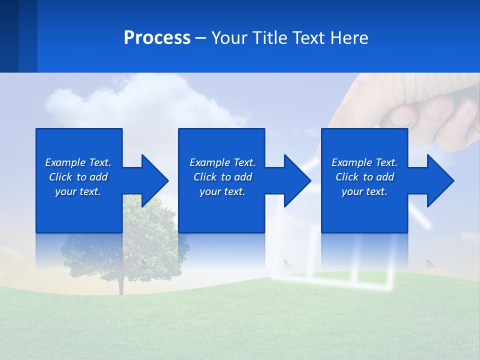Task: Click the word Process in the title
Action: pos(157,38)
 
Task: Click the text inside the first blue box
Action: pos(78,177)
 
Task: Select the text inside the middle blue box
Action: pos(222,177)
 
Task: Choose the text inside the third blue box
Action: pos(364,177)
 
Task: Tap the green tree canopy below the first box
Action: pos(150,220)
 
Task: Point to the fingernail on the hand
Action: pos(465,108)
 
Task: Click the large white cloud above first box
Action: pos(150,100)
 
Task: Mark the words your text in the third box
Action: pos(364,191)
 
